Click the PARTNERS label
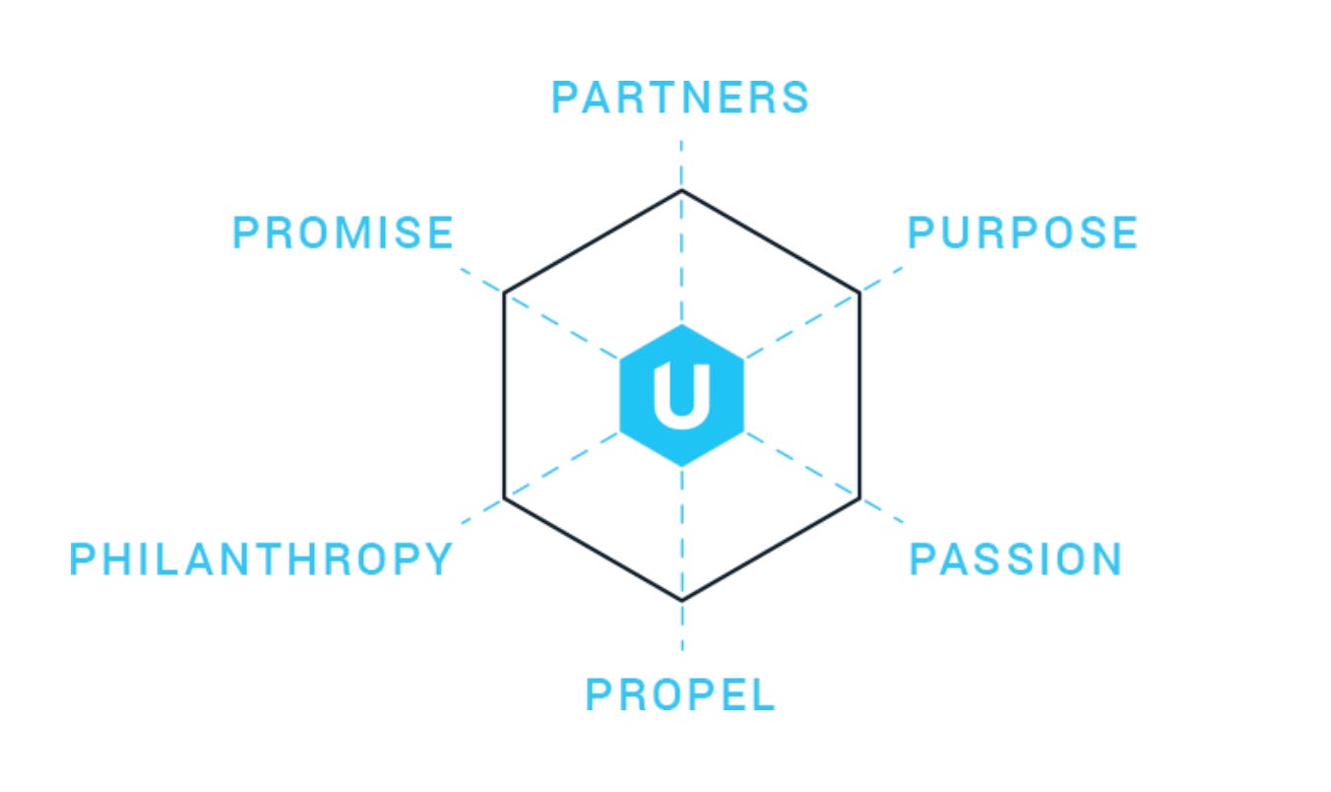(x=680, y=98)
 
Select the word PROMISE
(x=343, y=233)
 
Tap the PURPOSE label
(x=1022, y=233)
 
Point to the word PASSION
(x=1015, y=560)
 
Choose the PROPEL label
(x=680, y=694)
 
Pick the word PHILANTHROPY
(x=261, y=560)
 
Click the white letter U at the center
(x=681, y=395)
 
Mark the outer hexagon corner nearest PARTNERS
(x=681, y=190)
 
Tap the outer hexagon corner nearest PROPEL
(x=681, y=600)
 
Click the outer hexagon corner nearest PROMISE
(x=504, y=293)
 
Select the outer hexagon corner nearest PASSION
(x=859, y=498)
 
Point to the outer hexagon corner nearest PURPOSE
(x=859, y=293)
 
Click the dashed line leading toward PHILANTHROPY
(x=561, y=465)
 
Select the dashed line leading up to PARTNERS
(x=681, y=256)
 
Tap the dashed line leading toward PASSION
(x=802, y=465)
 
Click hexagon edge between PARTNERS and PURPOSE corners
(x=771, y=241)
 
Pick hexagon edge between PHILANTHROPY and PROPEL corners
(x=593, y=549)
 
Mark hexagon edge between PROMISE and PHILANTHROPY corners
(x=504, y=395)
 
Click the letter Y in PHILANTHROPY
(x=438, y=560)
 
